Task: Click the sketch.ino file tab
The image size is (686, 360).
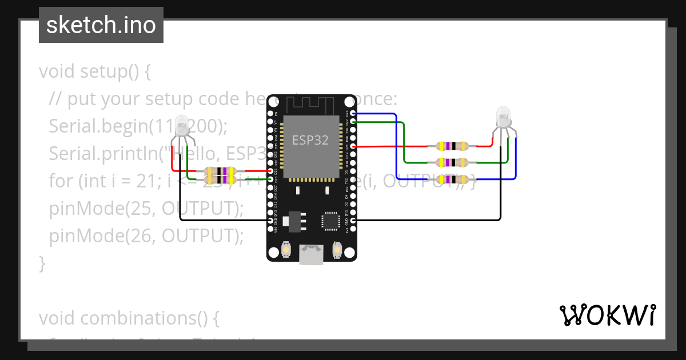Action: (x=101, y=25)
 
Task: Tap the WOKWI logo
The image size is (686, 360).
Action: (x=607, y=315)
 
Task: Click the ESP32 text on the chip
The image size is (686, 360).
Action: (x=310, y=140)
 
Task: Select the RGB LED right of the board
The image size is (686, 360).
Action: (x=503, y=118)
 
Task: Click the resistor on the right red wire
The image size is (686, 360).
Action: (x=452, y=146)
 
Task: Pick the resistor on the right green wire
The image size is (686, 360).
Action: (x=452, y=163)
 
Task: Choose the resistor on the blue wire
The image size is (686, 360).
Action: (x=452, y=179)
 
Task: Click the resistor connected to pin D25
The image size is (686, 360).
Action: (x=220, y=171)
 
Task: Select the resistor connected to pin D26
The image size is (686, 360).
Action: (x=220, y=179)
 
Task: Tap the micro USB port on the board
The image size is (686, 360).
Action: (x=312, y=254)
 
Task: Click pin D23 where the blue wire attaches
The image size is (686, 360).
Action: (x=353, y=114)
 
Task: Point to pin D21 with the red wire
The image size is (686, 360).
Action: (x=353, y=147)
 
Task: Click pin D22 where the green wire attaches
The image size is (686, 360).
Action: (x=353, y=122)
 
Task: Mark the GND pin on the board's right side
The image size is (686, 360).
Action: (x=353, y=220)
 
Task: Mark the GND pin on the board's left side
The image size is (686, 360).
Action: (x=271, y=220)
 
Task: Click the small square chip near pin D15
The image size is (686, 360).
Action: (x=330, y=221)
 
